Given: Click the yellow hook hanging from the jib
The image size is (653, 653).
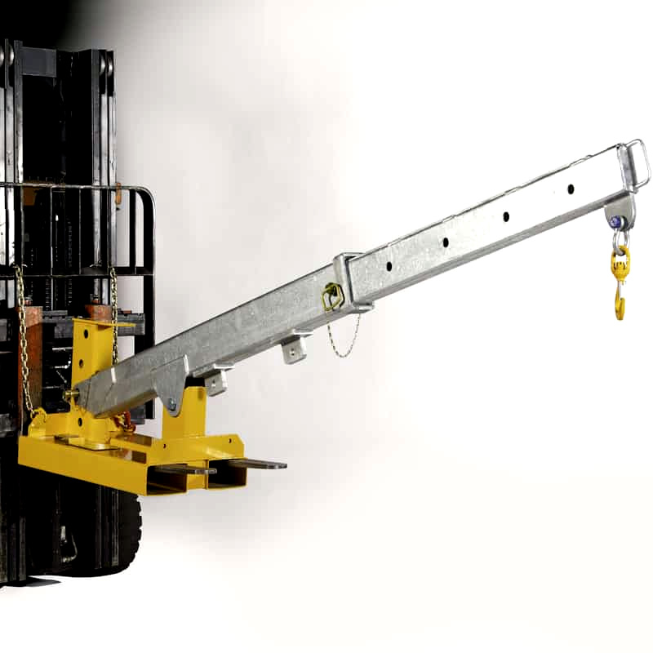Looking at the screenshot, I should tap(620, 286).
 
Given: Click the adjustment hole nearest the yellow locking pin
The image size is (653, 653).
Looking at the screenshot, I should tap(389, 266).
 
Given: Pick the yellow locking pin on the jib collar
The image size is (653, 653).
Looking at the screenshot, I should tap(332, 295).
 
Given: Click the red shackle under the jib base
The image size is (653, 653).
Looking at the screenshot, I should tap(125, 422).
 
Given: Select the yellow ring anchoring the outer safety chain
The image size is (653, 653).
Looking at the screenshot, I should tap(37, 417).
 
